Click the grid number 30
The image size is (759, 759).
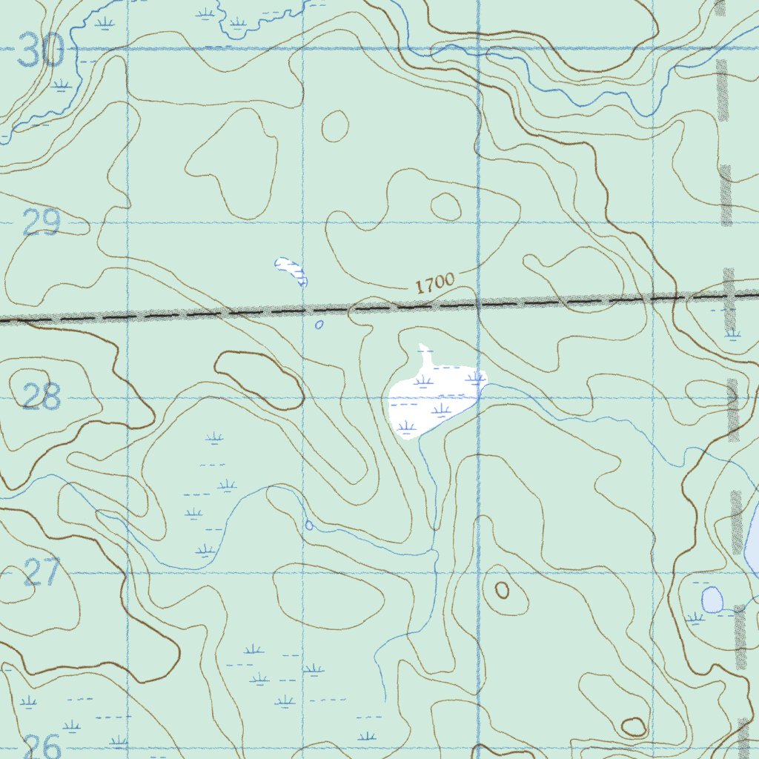(40, 53)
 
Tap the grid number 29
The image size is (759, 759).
(41, 222)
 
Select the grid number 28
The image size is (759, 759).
(41, 398)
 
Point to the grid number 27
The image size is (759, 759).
(41, 572)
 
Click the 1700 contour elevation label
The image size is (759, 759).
(434, 284)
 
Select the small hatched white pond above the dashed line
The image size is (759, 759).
(291, 270)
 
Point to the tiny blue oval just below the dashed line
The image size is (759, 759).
(319, 325)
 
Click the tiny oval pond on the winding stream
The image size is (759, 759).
(309, 526)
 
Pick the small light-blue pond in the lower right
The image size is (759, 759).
(712, 600)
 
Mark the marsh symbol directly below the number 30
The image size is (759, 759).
(62, 86)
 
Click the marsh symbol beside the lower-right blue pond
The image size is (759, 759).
(695, 617)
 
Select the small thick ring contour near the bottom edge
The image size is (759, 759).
(634, 727)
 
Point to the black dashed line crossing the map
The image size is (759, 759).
(222, 313)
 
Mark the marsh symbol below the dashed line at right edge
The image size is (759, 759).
(733, 334)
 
